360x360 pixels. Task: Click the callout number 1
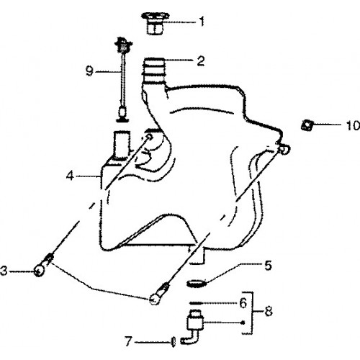point(202,22)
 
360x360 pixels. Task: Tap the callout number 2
point(201,60)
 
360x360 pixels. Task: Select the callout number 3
point(4,271)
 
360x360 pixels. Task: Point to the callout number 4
point(70,176)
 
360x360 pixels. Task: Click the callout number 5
point(268,266)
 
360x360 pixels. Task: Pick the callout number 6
point(243,303)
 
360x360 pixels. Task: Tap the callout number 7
point(128,341)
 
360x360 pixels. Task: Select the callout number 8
point(269,311)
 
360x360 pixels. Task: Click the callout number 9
point(89,71)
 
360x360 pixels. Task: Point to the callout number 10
point(353,125)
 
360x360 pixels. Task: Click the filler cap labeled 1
point(155,24)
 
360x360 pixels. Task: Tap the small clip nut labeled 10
point(307,125)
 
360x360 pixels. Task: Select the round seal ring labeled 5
point(197,284)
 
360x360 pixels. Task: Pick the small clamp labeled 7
point(174,341)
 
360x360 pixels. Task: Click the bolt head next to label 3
point(39,271)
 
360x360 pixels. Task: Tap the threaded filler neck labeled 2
point(154,71)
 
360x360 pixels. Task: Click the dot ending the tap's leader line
point(243,323)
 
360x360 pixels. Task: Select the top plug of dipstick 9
point(124,44)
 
